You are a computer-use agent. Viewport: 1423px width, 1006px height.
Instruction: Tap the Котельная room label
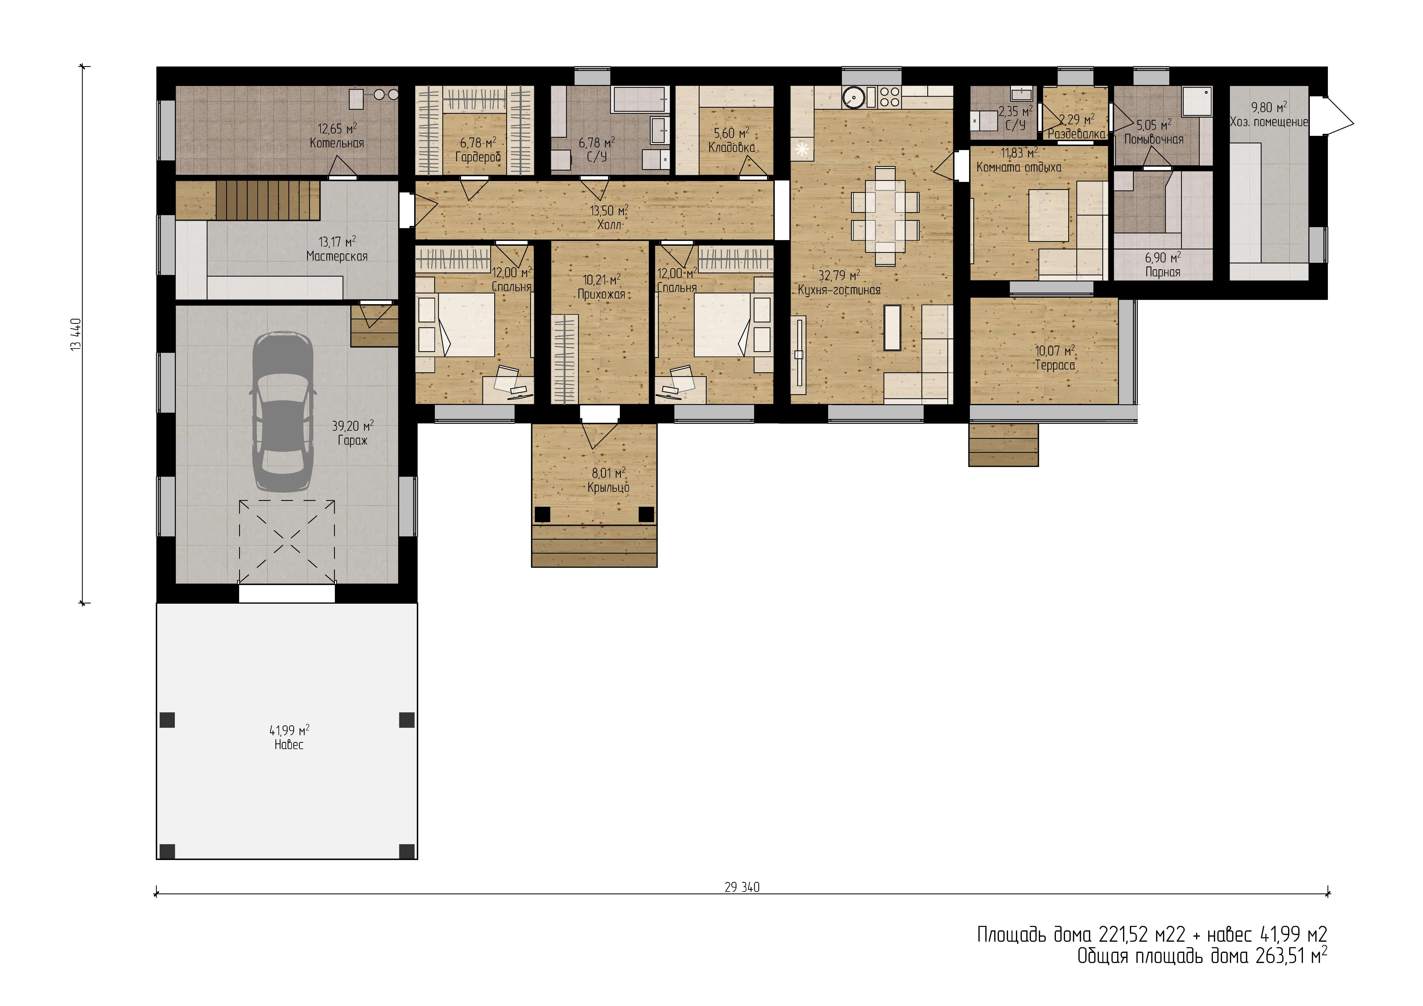tap(336, 143)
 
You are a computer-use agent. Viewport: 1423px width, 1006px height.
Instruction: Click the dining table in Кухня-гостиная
tap(885, 216)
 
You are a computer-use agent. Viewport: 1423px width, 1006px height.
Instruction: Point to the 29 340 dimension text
tap(742, 887)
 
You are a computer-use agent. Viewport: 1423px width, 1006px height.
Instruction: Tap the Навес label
tap(289, 744)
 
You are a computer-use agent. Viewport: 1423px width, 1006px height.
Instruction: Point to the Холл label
tap(609, 224)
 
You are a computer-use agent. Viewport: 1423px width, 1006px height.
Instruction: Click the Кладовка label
tap(732, 147)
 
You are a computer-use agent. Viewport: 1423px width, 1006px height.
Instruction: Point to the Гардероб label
tap(478, 157)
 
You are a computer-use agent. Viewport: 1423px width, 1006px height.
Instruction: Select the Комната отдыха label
tap(1019, 167)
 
